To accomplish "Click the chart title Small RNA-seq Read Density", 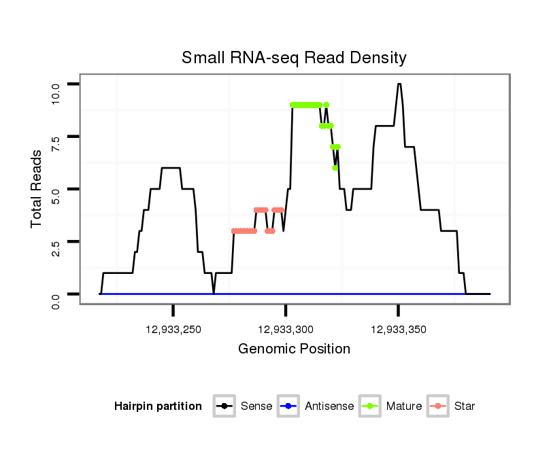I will [x=294, y=58].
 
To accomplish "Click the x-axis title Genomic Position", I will [x=294, y=349].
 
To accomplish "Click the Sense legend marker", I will [x=224, y=406].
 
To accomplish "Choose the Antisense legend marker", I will [x=288, y=406].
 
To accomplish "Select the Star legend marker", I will [x=438, y=406].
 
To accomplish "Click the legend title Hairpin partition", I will [x=158, y=406].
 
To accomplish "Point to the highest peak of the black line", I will [x=399, y=84].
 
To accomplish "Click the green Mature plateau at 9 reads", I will [x=305, y=105].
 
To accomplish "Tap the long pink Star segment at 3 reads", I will [x=244, y=231].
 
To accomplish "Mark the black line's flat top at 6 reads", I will [x=170, y=168].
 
